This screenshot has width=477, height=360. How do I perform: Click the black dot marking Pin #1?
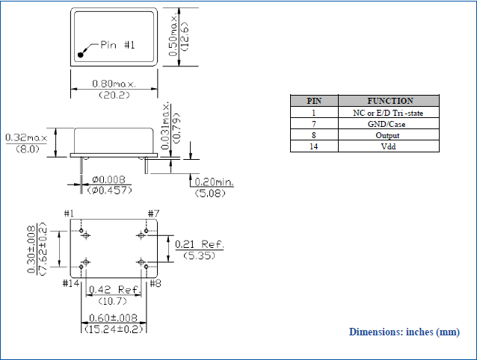click(x=81, y=54)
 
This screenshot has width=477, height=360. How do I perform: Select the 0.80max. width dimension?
click(x=114, y=83)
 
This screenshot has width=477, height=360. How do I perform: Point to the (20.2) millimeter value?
click(x=114, y=95)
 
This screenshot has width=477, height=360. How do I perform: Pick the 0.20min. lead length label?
click(x=214, y=181)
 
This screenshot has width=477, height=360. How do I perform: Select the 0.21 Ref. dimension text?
click(x=199, y=244)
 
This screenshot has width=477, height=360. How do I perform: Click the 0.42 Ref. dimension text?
click(x=114, y=289)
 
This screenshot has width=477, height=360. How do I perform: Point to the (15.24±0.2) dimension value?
click(x=114, y=329)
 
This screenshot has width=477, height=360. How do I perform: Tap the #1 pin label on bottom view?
click(x=70, y=214)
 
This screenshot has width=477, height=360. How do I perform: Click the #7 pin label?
click(x=154, y=214)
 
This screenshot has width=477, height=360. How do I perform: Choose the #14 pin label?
click(x=71, y=283)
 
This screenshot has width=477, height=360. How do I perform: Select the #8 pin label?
click(x=156, y=283)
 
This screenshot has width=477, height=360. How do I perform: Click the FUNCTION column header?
click(x=390, y=101)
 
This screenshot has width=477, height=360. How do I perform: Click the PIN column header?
click(x=314, y=101)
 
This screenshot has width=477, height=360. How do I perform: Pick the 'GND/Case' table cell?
click(x=389, y=124)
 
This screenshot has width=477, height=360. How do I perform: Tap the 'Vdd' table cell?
click(x=389, y=146)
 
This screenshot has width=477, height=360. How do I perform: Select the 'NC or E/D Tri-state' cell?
click(x=389, y=113)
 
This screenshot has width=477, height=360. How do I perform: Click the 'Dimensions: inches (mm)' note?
click(x=404, y=332)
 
